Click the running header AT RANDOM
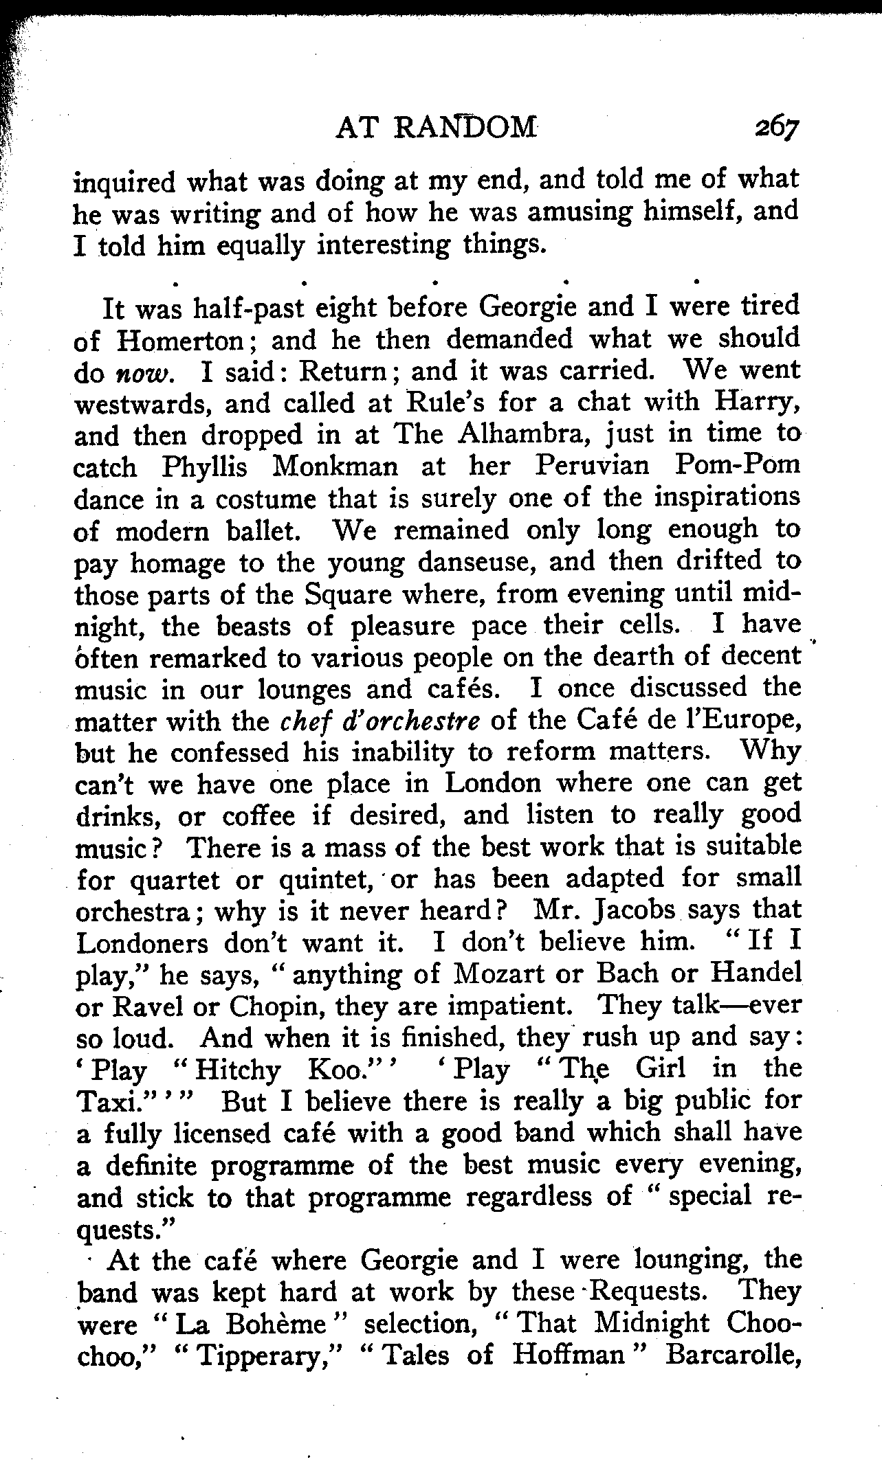[435, 128]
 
